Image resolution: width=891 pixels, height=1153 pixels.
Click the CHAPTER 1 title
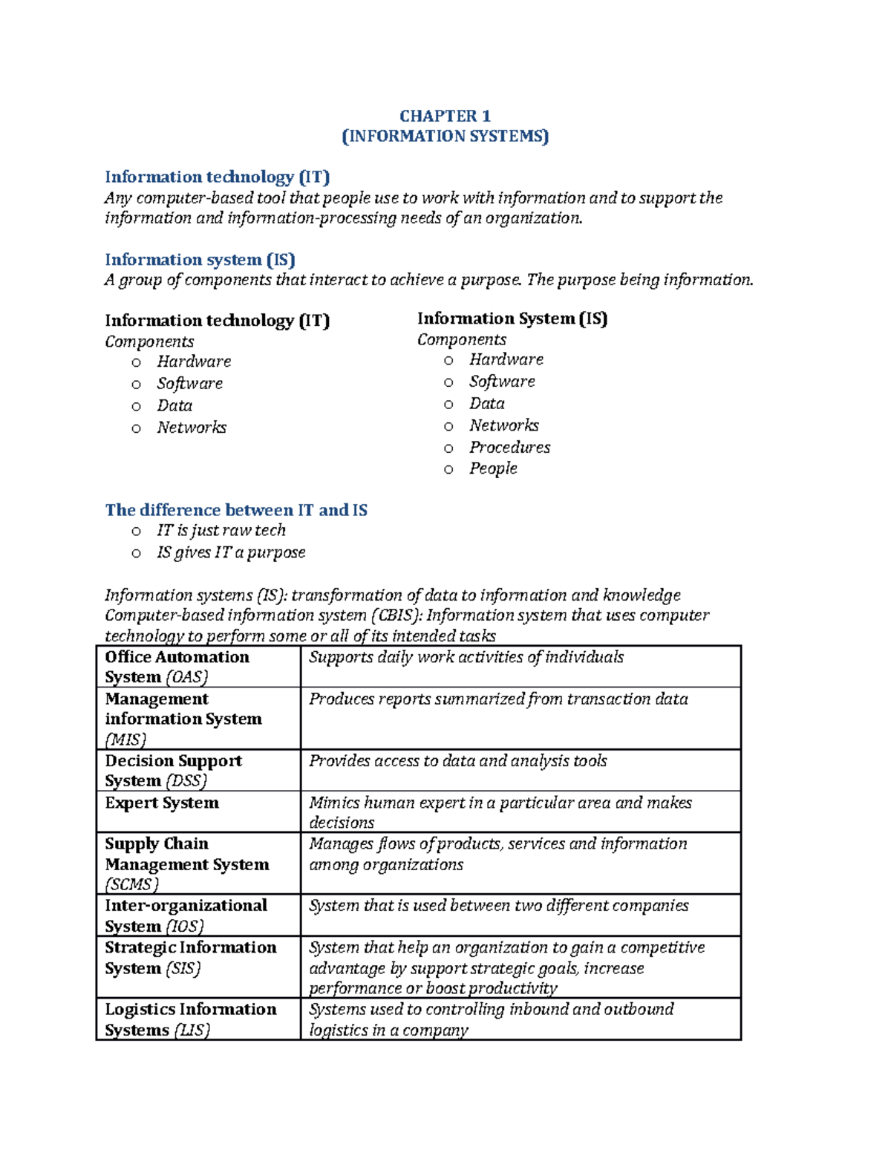[445, 116]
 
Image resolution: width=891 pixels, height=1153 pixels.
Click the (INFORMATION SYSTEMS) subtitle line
[445, 137]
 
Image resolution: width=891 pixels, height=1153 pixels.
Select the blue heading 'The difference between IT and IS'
[236, 510]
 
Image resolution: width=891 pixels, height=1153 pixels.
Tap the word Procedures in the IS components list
[509, 447]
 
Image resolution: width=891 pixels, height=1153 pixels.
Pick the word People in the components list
[493, 468]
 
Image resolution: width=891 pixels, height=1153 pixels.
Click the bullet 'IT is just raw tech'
[221, 530]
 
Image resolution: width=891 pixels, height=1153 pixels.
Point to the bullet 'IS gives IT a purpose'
[231, 552]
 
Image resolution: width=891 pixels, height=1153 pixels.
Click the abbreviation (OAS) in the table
[186, 677]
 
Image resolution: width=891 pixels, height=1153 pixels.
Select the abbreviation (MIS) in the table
[125, 739]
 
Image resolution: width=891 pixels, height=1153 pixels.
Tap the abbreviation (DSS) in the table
[186, 781]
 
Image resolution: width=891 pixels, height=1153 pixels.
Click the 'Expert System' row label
[162, 803]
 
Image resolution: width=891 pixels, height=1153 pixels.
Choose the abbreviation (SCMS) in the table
[132, 885]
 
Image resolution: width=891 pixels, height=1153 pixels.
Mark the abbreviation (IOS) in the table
[184, 927]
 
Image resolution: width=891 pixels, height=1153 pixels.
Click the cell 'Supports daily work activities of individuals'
[466, 657]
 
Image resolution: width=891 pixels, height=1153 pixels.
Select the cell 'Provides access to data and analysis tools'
[458, 761]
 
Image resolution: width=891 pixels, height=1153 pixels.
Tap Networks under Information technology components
[192, 428]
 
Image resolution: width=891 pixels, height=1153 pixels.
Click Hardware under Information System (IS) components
[506, 359]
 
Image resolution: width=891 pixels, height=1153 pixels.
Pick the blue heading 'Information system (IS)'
[200, 260]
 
